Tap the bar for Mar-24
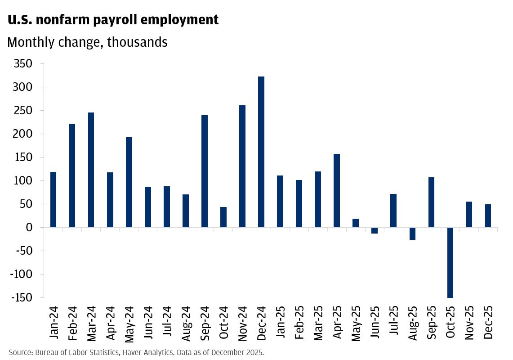coord(91,170)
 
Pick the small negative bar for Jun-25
coord(375,230)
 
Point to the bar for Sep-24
coord(205,171)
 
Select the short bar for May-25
coord(356,223)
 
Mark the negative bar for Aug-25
coord(412,234)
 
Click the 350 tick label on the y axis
coord(22,64)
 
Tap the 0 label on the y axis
coord(29,228)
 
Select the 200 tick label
coord(22,134)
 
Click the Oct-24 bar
coord(223,217)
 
